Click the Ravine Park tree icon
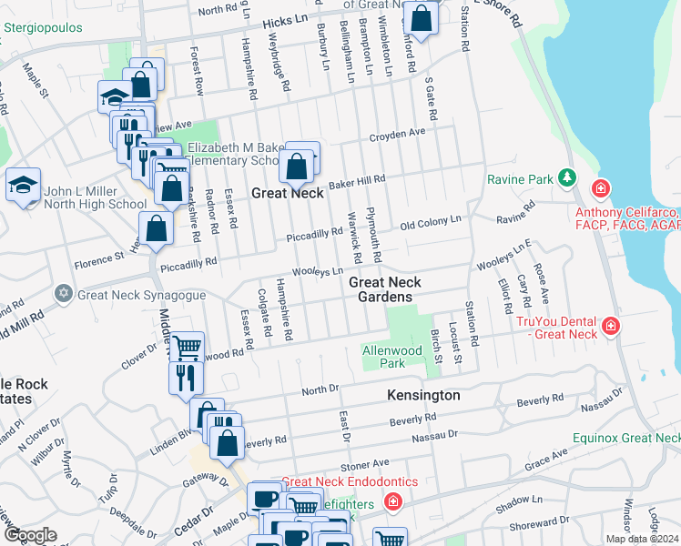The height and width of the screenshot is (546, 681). [568, 177]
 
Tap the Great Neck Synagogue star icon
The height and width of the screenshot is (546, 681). [63, 293]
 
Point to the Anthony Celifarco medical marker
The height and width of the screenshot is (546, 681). [600, 188]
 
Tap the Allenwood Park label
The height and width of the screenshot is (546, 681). [392, 357]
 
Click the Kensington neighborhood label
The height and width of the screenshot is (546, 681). [422, 396]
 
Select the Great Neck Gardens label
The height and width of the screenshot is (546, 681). [382, 290]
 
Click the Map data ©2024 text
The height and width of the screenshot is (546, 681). [642, 539]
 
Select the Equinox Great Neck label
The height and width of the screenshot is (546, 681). [626, 438]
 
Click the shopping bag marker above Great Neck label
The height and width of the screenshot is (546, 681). [297, 167]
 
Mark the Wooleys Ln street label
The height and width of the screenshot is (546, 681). [318, 271]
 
